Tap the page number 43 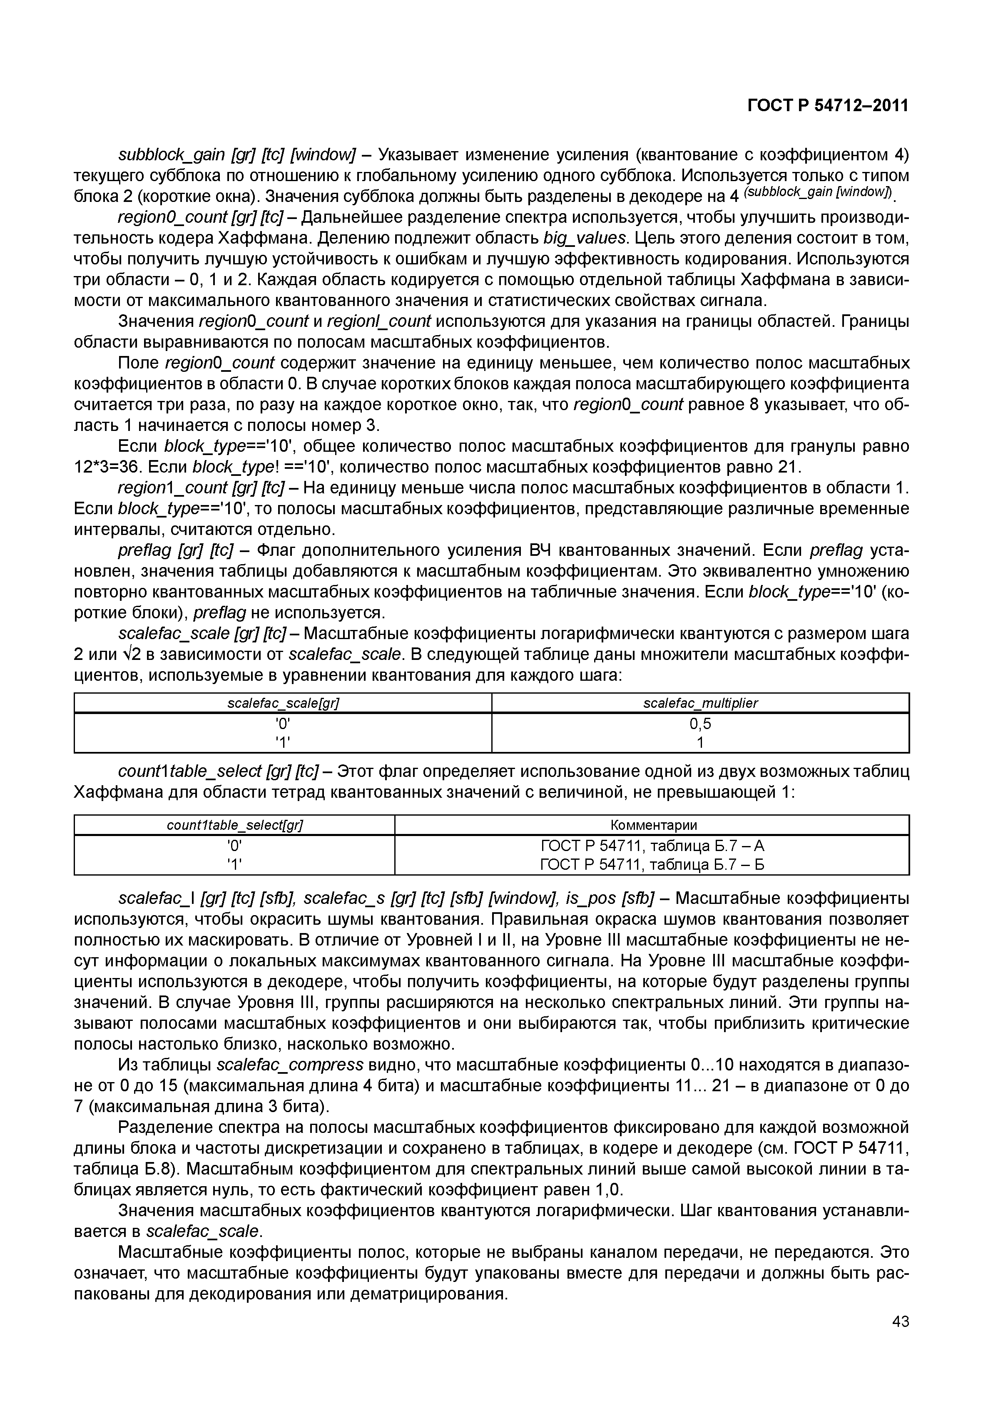(900, 1340)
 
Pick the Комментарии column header (653, 825)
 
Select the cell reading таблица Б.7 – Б (652, 864)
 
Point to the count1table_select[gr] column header (235, 825)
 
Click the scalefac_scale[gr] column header (283, 703)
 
